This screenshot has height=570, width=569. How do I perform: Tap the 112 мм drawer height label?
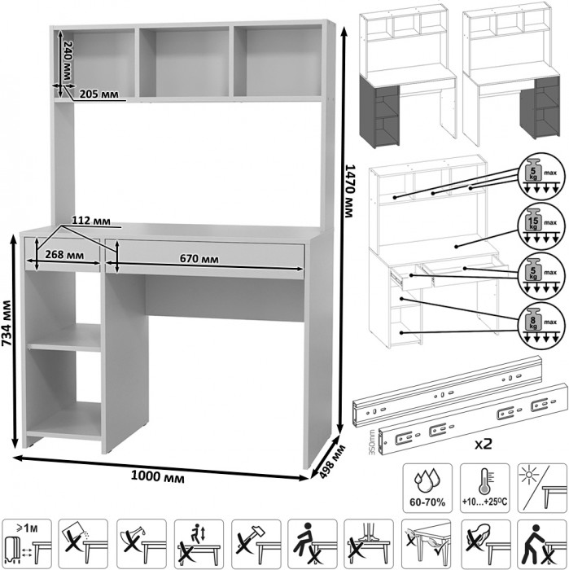pos(90,221)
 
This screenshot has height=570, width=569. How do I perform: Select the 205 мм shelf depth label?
pos(98,94)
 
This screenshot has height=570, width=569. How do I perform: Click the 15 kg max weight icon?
pos(534,223)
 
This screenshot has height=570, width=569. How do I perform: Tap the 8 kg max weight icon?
pos(534,322)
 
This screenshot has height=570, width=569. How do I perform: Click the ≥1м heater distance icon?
pos(27,541)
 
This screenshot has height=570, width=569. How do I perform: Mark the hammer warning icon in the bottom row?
pos(256,542)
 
